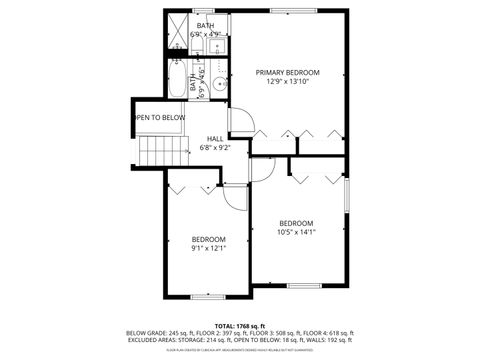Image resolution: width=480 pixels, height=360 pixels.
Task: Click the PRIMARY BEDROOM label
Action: click(287, 72)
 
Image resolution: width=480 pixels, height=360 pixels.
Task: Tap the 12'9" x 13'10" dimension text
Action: click(287, 82)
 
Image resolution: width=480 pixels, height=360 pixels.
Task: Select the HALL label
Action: click(215, 138)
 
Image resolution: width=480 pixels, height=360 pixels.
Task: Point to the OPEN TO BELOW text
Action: click(160, 118)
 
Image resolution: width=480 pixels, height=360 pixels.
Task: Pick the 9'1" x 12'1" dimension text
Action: click(209, 248)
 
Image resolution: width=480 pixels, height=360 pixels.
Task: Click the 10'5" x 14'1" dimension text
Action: click(296, 232)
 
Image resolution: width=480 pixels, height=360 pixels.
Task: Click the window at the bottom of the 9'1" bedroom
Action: click(208, 298)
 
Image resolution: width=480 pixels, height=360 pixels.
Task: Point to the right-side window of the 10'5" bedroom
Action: click(347, 196)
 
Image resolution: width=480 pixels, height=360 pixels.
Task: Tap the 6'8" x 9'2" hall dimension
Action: click(215, 148)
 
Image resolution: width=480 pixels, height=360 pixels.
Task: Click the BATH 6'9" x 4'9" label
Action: click(205, 30)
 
